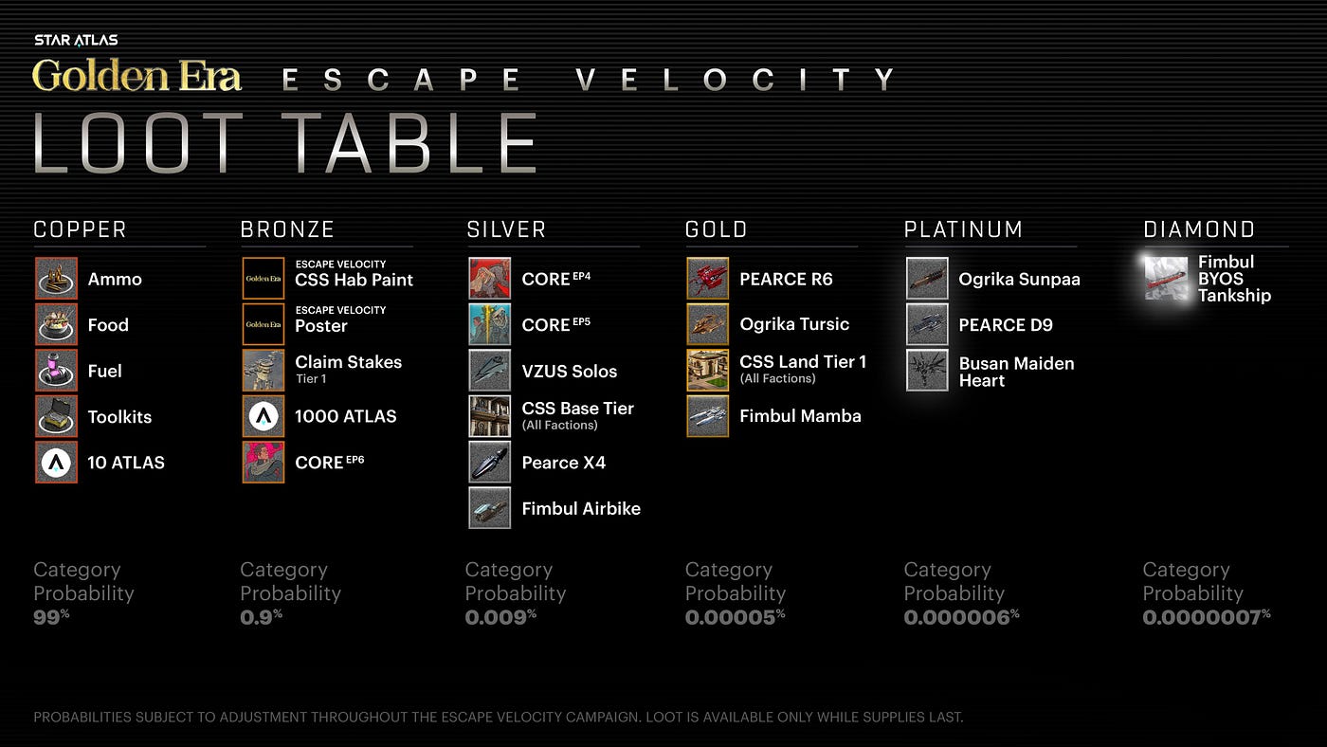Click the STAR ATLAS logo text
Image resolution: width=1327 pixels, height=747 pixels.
pyautogui.click(x=76, y=40)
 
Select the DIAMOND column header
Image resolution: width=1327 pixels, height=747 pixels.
pyautogui.click(x=1199, y=229)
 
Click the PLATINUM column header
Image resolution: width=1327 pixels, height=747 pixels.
pyautogui.click(x=963, y=229)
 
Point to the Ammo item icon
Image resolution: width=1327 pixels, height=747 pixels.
pyautogui.click(x=56, y=279)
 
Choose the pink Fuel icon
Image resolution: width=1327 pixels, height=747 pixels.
pyautogui.click(x=56, y=371)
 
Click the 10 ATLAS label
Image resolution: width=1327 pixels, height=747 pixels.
pyautogui.click(x=126, y=463)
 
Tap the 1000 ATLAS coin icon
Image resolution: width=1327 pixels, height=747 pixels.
pyautogui.click(x=264, y=416)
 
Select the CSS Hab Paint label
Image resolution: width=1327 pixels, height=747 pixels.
pyautogui.click(x=354, y=280)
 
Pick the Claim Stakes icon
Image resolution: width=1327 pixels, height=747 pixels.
pyautogui.click(x=264, y=371)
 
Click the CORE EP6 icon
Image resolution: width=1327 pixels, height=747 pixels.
pyautogui.click(x=264, y=463)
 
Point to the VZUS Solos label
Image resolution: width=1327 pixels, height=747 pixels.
pyautogui.click(x=569, y=372)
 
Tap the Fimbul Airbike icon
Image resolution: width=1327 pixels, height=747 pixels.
pyautogui.click(x=490, y=508)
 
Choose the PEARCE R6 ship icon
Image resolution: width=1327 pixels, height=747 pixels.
pyautogui.click(x=708, y=279)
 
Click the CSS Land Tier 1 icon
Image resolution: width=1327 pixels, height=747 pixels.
pyautogui.click(x=708, y=370)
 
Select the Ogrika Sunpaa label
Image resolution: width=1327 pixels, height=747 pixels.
pyautogui.click(x=1019, y=280)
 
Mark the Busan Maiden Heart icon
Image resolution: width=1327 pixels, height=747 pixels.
pyautogui.click(x=927, y=371)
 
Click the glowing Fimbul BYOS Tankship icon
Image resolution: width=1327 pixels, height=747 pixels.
pyautogui.click(x=1166, y=279)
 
